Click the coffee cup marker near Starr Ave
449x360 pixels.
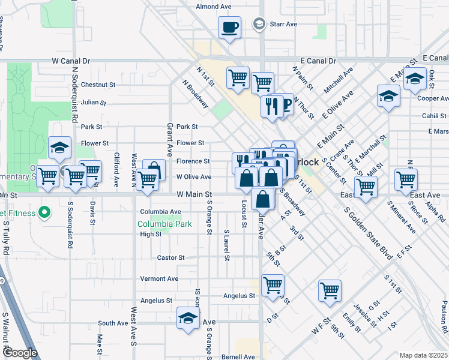coord(229,27)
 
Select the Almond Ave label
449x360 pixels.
coord(214,7)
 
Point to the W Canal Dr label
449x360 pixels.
coord(71,61)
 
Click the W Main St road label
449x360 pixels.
coord(194,195)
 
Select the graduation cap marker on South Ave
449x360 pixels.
coord(188,318)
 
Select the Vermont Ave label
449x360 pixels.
coord(159,279)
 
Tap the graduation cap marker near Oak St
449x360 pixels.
coord(415,79)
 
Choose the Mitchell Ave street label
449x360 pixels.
coord(339,80)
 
